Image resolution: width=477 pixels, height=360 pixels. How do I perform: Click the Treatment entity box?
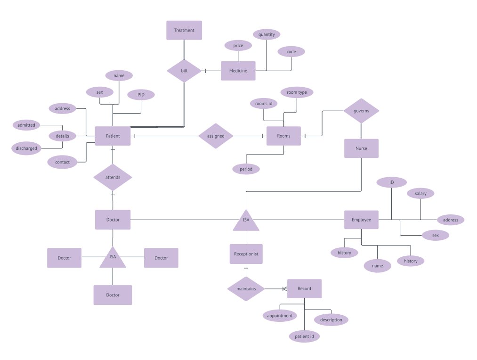(x=184, y=30)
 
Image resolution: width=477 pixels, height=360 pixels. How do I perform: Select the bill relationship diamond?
(x=184, y=71)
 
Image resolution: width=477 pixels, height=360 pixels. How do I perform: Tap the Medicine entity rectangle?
(x=238, y=71)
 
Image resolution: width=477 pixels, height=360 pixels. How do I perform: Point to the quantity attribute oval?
(x=267, y=34)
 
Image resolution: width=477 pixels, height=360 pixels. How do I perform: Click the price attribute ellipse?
(x=238, y=46)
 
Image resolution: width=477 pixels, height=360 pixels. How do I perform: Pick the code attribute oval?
(x=291, y=52)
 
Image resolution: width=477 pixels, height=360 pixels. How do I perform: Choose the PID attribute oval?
(x=141, y=95)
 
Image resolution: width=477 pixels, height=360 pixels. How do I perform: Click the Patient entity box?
(x=113, y=136)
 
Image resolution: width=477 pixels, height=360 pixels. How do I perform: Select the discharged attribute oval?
(x=26, y=148)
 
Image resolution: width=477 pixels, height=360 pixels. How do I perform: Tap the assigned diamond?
(x=216, y=136)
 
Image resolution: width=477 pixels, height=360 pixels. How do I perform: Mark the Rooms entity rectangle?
(x=283, y=136)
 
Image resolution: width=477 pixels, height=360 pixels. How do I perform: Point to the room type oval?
(x=297, y=92)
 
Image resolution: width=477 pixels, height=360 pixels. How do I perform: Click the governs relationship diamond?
(x=361, y=111)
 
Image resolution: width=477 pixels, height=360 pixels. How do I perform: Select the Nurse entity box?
(x=361, y=148)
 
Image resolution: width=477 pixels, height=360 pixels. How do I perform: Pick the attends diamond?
(x=113, y=177)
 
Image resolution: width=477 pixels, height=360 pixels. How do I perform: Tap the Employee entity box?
(x=361, y=220)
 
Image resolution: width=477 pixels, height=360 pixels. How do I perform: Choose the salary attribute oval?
(x=420, y=194)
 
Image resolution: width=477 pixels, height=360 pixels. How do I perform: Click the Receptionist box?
(x=246, y=254)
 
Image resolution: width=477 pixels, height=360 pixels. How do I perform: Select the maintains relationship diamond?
(x=246, y=288)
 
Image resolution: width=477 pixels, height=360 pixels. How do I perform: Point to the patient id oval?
(x=304, y=336)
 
